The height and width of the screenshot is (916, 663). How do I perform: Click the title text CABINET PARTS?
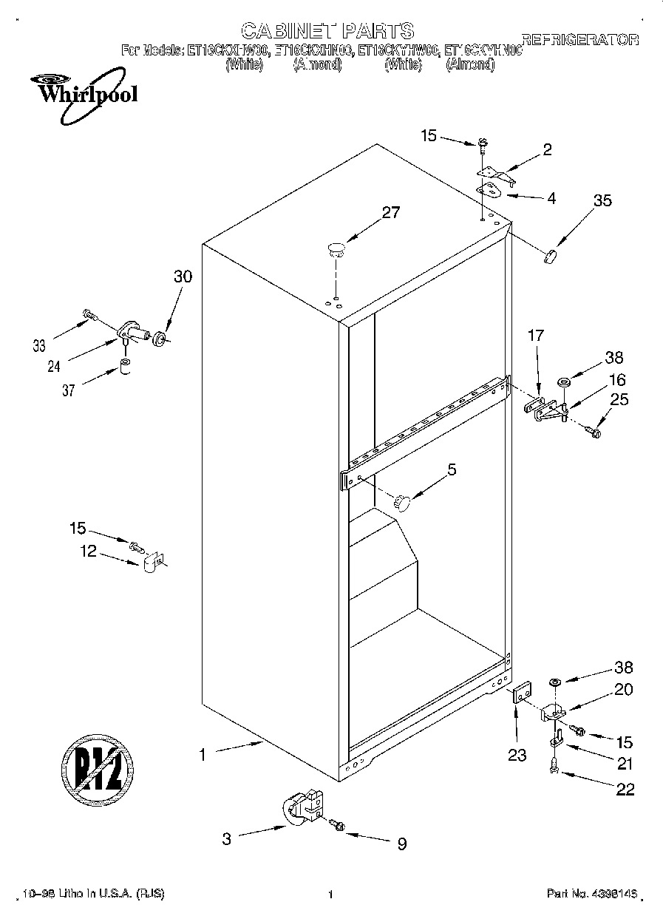coord(328,31)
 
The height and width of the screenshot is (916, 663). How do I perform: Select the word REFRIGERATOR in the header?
coord(579,40)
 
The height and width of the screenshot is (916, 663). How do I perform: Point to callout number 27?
coord(390,213)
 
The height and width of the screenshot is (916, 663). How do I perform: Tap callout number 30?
coord(182,277)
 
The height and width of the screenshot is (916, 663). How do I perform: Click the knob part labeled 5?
coord(401,502)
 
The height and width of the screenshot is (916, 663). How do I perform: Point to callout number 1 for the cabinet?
coord(202,754)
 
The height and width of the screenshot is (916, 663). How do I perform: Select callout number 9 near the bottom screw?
coord(401,844)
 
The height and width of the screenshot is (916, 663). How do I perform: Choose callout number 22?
coord(625,790)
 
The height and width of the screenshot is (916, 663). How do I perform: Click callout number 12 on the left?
coord(89,551)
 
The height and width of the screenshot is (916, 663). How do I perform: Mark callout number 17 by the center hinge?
coord(535,336)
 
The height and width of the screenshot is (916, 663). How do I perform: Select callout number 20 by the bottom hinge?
coord(624,689)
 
